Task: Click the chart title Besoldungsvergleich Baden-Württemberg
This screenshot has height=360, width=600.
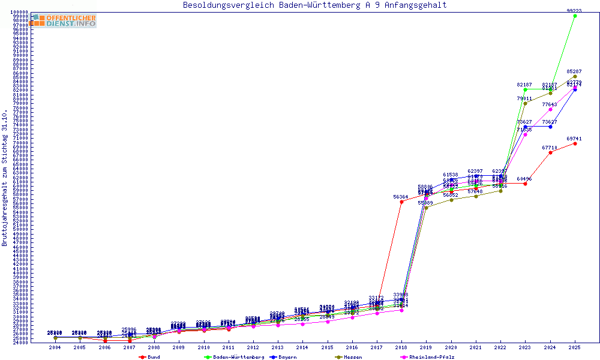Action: pos(314,5)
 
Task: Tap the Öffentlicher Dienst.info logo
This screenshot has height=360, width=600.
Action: pos(63,21)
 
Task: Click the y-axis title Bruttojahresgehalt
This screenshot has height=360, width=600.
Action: pos(5,178)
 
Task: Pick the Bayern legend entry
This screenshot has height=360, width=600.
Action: pos(287,357)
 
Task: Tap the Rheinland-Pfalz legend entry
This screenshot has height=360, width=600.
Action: pos(430,357)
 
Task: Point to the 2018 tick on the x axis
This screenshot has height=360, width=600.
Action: pos(401,347)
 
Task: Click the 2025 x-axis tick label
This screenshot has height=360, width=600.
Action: pos(575,347)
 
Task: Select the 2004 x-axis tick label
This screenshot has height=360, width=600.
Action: pos(55,347)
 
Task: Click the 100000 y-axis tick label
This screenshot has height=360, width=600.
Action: pos(19,12)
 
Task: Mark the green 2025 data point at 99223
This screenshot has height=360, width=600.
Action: pos(575,16)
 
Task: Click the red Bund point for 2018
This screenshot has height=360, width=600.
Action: pos(401,202)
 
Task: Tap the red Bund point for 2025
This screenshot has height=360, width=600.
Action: pos(575,143)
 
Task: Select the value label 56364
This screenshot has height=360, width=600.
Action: pos(401,197)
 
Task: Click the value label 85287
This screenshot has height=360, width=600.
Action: pos(574,71)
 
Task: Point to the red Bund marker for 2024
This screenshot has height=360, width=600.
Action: pos(550,152)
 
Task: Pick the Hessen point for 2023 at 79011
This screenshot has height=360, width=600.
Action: pos(525,103)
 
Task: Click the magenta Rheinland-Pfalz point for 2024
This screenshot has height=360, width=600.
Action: pos(550,109)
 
